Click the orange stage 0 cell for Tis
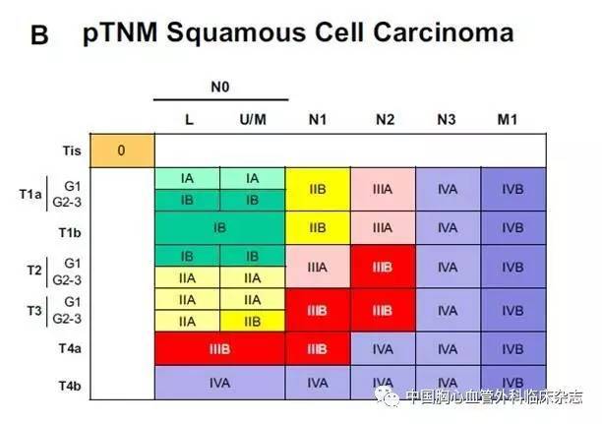click(x=122, y=151)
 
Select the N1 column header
click(x=318, y=120)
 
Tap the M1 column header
click(x=508, y=120)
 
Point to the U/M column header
click(x=253, y=120)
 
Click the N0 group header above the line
click(x=220, y=88)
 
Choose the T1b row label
click(x=70, y=233)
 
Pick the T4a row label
click(x=70, y=348)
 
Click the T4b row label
click(x=70, y=386)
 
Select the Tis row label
click(x=72, y=151)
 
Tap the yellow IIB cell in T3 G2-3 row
click(x=253, y=322)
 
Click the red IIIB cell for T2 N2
click(x=383, y=267)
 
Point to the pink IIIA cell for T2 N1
click(x=318, y=267)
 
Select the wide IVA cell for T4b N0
click(x=220, y=383)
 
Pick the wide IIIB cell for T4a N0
click(x=220, y=348)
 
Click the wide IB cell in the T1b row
click(x=220, y=228)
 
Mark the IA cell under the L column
click(x=187, y=179)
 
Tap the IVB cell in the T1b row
click(x=513, y=228)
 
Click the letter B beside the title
click(x=39, y=35)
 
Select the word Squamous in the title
click(x=237, y=33)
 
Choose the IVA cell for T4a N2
click(x=383, y=348)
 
